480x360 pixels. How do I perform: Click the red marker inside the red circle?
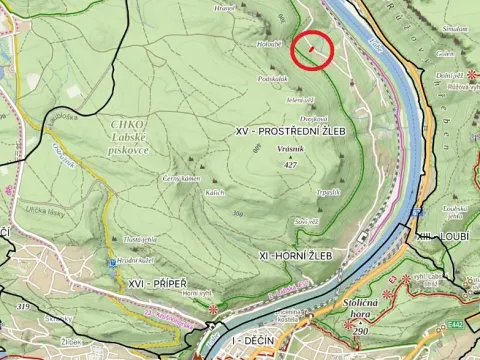pyautogui.click(x=313, y=47)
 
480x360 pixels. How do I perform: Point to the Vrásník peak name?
pyautogui.click(x=264, y=149)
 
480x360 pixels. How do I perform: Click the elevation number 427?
pyautogui.click(x=264, y=164)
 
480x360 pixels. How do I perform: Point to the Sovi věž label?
pyautogui.click(x=306, y=222)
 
